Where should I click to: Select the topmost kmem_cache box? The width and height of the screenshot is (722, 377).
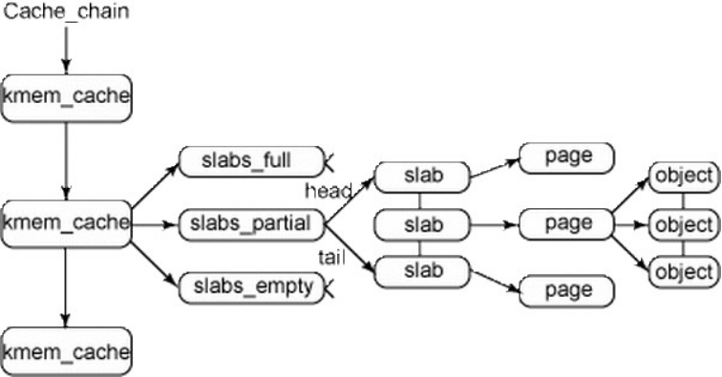pos(65,96)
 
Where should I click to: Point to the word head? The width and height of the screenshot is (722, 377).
pos(328,190)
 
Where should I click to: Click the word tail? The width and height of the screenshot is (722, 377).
pos(330,258)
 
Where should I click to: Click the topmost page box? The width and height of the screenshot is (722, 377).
pos(567,157)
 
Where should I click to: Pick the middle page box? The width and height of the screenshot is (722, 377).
pos(567,224)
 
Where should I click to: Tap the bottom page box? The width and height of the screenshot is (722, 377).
pos(567,289)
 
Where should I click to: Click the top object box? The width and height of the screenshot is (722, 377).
pos(683,177)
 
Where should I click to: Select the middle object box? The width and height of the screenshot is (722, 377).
pos(683,225)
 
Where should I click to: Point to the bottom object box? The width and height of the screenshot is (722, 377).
pos(683,273)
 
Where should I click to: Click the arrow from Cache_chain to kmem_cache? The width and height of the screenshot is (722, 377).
pos(65,49)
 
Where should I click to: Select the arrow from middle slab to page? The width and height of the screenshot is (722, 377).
pos(495,225)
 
